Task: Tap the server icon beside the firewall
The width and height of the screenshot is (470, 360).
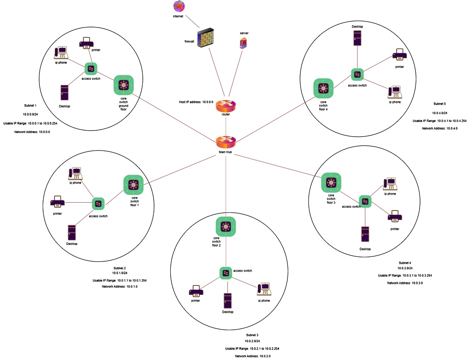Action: click(x=243, y=44)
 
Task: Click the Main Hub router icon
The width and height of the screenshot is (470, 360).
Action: click(x=225, y=141)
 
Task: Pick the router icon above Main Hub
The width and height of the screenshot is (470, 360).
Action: click(x=226, y=105)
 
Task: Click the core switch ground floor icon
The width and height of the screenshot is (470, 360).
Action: click(x=123, y=85)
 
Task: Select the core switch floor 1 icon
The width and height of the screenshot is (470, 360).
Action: click(x=134, y=185)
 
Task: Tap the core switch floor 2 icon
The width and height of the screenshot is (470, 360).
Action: click(x=226, y=227)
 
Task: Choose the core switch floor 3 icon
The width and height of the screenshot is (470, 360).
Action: click(x=330, y=183)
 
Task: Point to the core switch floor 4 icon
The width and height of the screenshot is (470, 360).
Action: click(x=324, y=89)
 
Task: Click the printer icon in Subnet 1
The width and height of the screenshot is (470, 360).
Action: click(x=87, y=43)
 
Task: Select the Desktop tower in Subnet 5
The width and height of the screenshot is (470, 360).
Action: click(x=358, y=38)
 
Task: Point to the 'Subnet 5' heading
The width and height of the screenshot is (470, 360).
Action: click(x=440, y=104)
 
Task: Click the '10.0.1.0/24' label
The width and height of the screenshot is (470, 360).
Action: click(x=119, y=274)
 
